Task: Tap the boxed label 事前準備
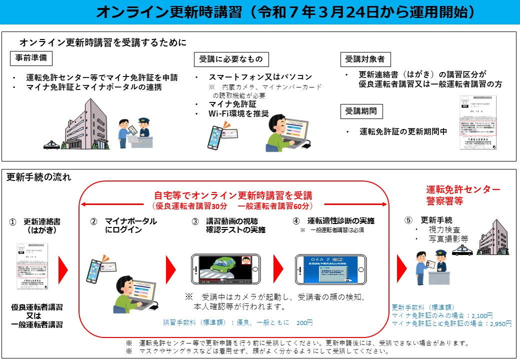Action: tap(31, 58)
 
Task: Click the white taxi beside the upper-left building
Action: tap(51, 145)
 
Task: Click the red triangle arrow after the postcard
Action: tap(63, 270)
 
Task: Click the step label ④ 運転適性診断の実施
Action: tap(334, 220)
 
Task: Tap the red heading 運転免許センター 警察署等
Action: tap(463, 195)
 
